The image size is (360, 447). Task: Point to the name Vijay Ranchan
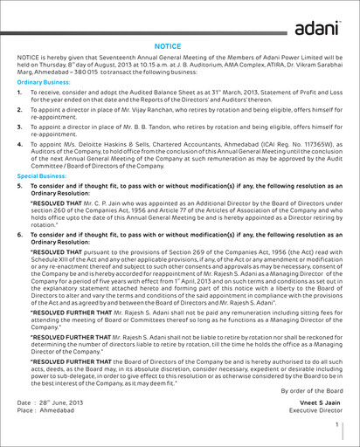(x=163, y=113)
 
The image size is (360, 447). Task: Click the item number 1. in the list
(x=20, y=92)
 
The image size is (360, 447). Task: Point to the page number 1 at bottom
(x=337, y=426)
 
